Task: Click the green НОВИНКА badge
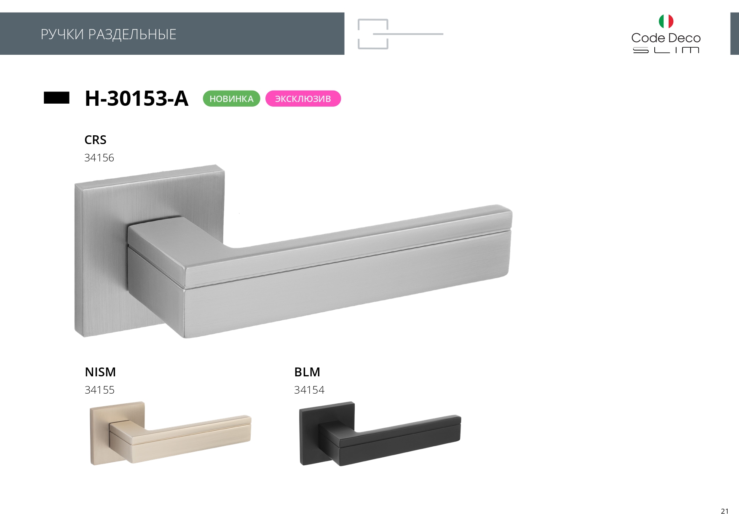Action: (231, 99)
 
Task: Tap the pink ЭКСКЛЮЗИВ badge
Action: (303, 99)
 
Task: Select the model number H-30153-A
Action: (137, 98)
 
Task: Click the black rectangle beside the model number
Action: (56, 98)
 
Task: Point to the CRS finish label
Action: (95, 140)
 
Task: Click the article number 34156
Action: (99, 158)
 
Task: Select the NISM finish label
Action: (100, 372)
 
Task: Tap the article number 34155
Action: (99, 390)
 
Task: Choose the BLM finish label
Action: (307, 372)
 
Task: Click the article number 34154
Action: (309, 390)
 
